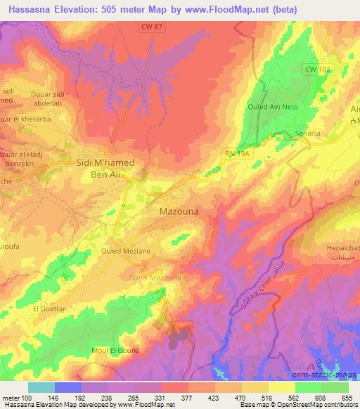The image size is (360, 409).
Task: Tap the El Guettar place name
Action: point(49,309)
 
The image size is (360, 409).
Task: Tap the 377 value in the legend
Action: point(188,398)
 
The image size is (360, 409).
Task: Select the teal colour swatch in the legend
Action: point(41,387)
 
